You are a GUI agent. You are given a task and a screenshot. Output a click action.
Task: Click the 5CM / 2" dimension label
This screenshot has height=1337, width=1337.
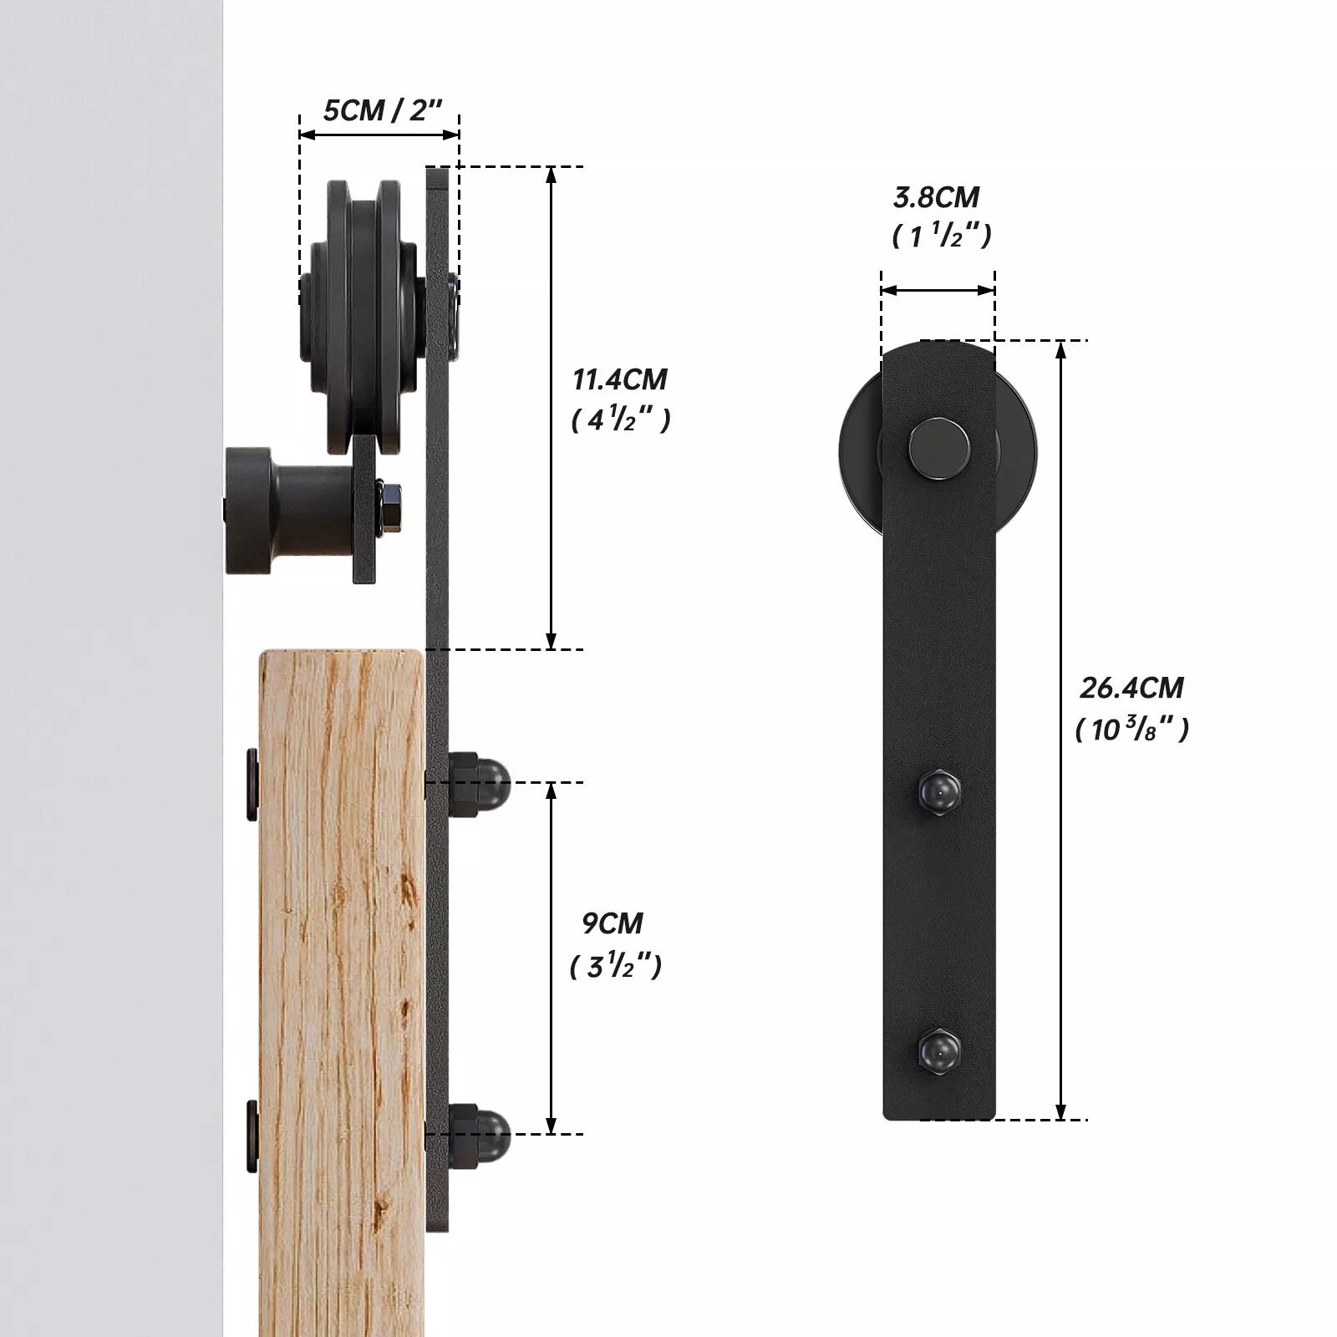[382, 109]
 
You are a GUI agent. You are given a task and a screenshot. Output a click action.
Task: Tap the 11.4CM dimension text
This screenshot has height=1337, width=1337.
[620, 379]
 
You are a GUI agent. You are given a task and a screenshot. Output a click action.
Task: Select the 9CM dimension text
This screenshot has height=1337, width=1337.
[613, 923]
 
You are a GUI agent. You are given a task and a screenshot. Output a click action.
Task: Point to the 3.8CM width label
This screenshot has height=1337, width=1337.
[936, 197]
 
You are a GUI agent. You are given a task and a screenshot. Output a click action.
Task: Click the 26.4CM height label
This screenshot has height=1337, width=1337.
[1132, 688]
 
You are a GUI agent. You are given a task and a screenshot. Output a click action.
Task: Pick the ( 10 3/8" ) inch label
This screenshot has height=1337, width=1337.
[1132, 729]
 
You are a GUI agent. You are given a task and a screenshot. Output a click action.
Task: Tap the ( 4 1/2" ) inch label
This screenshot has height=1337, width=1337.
[621, 419]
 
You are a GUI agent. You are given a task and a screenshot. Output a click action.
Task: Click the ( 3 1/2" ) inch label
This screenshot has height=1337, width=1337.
[616, 966]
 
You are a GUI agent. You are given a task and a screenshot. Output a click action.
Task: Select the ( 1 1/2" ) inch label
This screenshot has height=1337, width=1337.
[942, 236]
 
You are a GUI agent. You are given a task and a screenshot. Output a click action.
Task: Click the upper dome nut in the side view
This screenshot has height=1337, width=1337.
[479, 783]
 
